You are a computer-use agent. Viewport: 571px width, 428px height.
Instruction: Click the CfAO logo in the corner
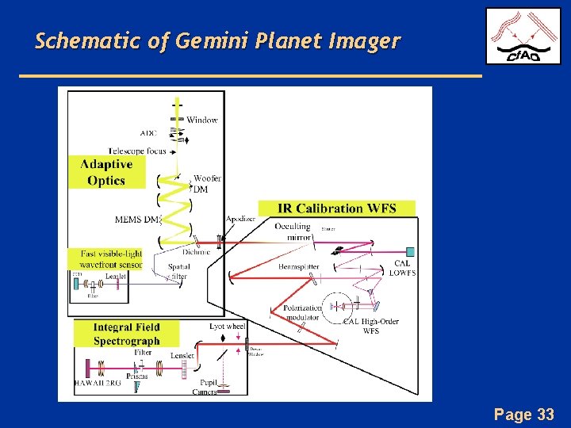[523, 36]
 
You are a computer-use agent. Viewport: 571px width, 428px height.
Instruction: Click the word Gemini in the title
[209, 41]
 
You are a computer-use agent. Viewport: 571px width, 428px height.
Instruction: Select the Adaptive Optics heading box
[106, 172]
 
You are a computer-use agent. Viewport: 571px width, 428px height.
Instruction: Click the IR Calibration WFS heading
[347, 208]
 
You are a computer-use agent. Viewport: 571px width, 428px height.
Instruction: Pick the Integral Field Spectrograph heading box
[126, 334]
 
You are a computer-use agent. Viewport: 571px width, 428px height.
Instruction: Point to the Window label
[202, 120]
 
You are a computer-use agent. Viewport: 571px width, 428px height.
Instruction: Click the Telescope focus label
[137, 151]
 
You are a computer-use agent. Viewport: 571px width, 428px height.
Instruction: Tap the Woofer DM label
[206, 184]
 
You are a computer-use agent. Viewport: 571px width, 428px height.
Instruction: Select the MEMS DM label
[137, 220]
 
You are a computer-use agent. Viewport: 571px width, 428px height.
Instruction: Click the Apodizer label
[240, 219]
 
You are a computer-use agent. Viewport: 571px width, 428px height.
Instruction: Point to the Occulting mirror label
[292, 231]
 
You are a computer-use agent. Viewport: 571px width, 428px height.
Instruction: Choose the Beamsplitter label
[299, 267]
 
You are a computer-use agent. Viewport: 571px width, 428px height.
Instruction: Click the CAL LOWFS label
[402, 268]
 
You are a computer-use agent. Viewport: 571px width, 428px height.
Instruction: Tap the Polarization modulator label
[302, 312]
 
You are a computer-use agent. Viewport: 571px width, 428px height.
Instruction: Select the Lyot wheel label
[228, 326]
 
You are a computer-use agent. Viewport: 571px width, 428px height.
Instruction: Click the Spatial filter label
[178, 272]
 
